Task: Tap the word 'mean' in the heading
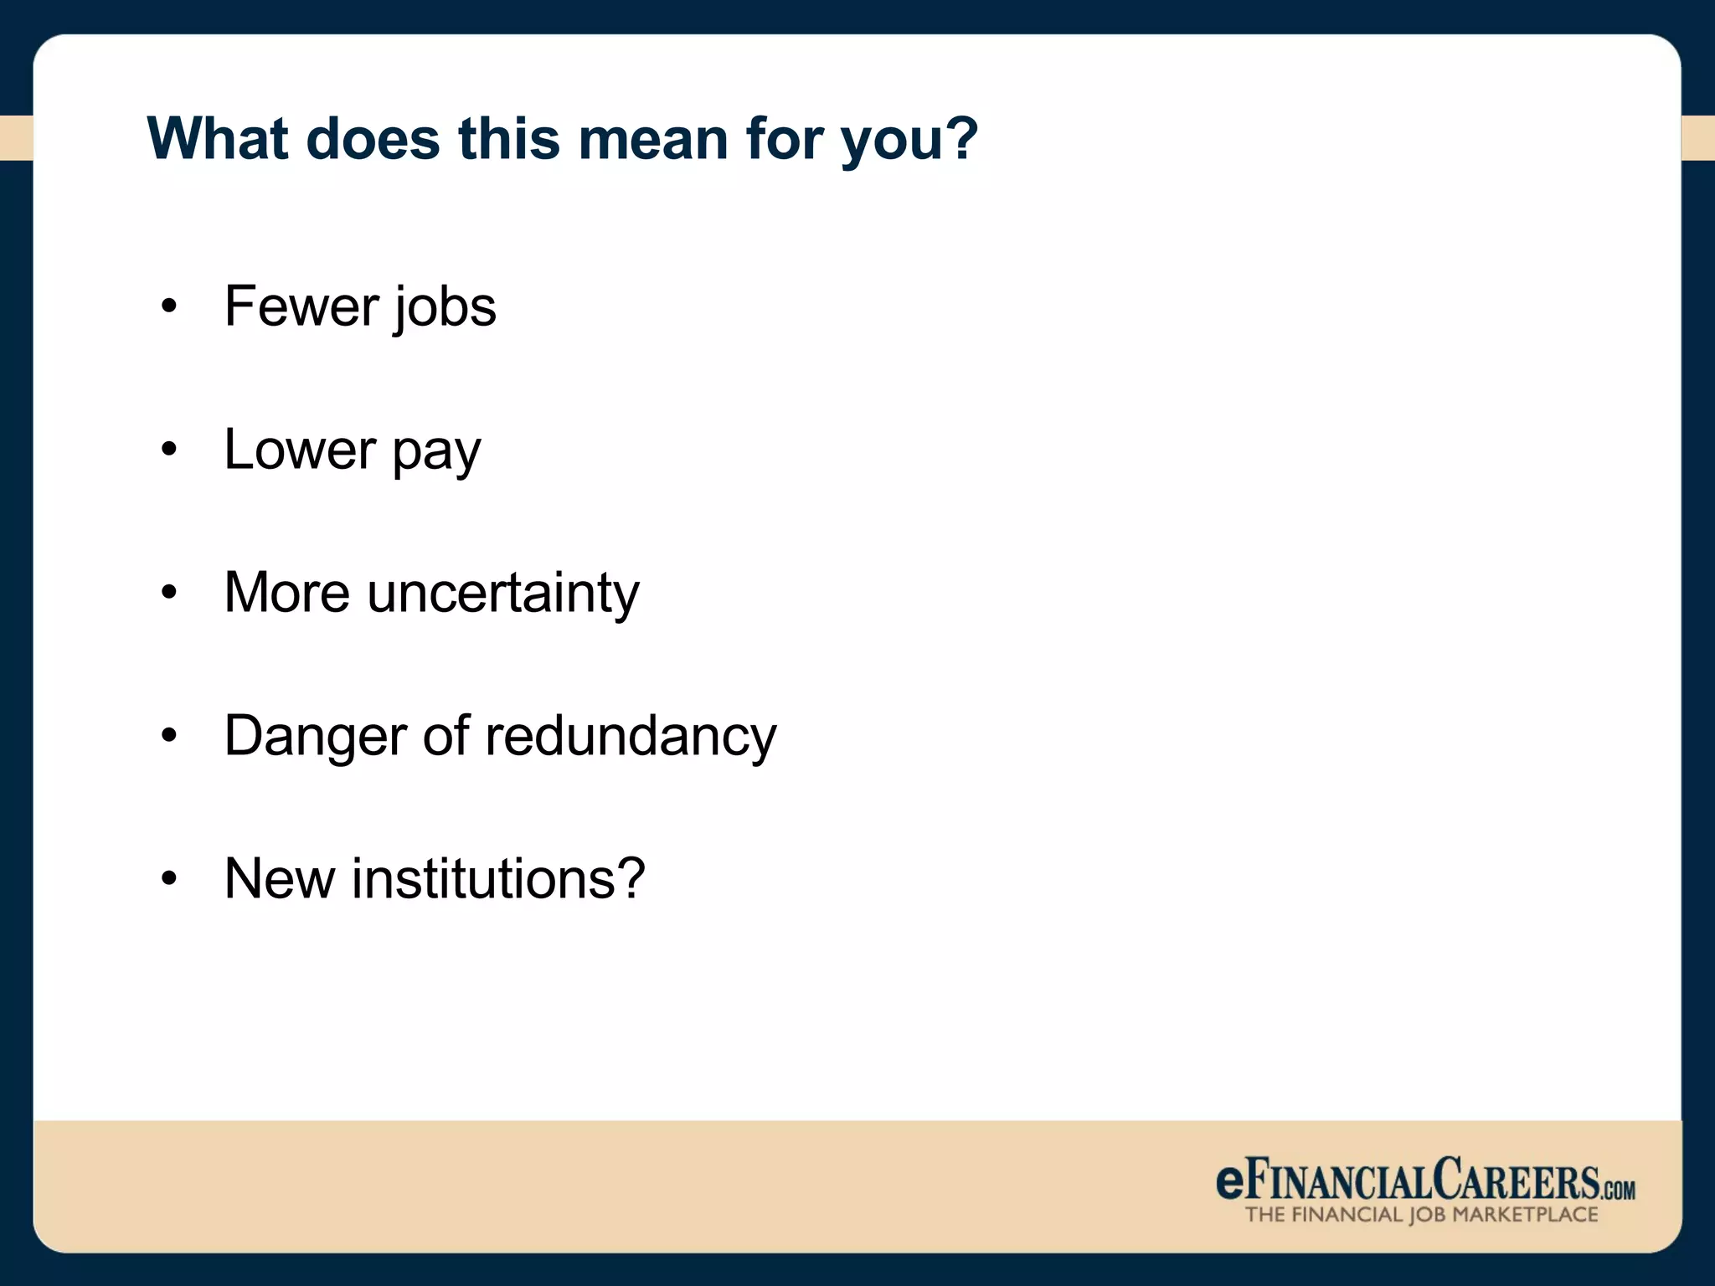[x=653, y=138]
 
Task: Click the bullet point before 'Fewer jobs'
[x=169, y=307]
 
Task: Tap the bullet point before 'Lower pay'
[x=169, y=450]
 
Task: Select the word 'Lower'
[x=300, y=450]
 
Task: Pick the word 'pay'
[x=436, y=452]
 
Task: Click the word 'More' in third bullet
[x=287, y=593]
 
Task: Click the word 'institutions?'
[x=498, y=879]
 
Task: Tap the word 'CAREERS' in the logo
[x=1516, y=1180]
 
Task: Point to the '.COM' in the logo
[x=1619, y=1190]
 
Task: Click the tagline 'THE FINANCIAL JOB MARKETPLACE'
[x=1421, y=1215]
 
